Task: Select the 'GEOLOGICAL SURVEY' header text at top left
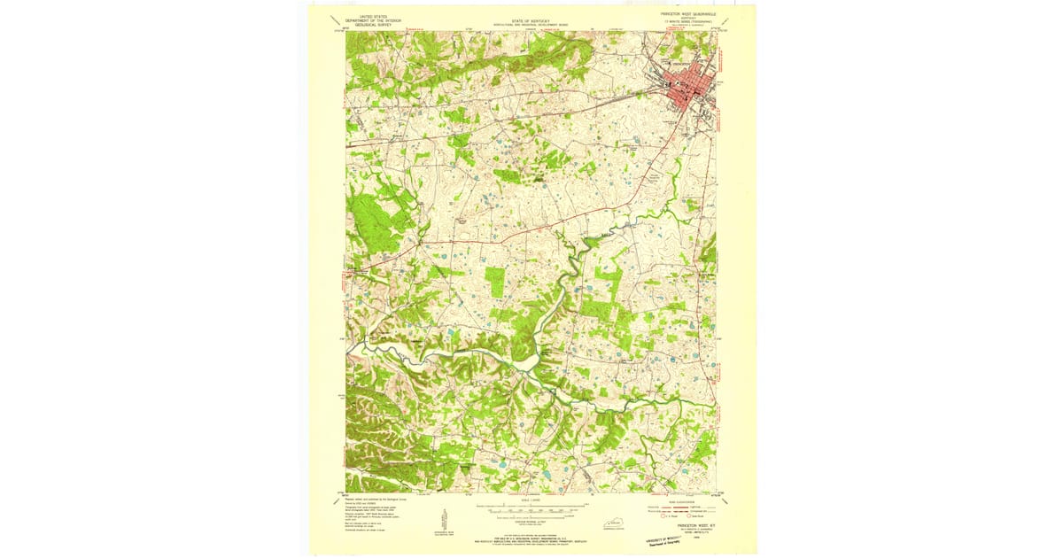(373, 27)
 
